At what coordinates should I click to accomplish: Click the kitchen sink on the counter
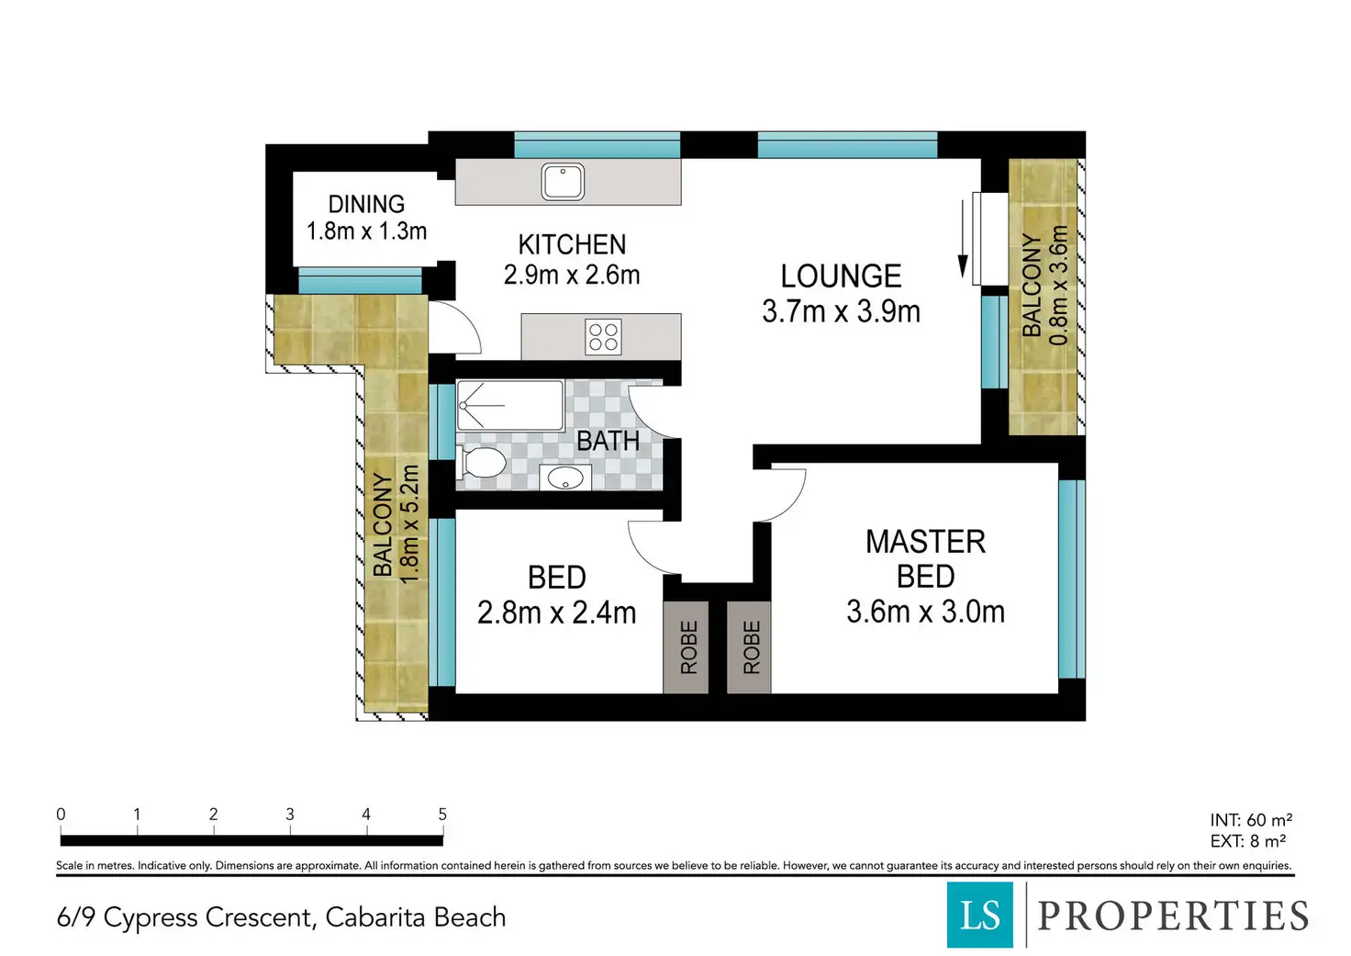[562, 181]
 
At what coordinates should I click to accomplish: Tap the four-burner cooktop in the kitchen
[603, 337]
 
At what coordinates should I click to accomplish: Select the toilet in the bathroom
[481, 463]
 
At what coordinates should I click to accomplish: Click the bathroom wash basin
[565, 478]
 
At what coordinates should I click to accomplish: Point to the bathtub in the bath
[510, 406]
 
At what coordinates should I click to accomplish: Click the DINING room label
[366, 204]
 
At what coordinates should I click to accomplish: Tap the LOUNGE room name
[841, 276]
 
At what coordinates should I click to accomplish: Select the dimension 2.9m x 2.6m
[572, 276]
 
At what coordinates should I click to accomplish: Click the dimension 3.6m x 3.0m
[926, 612]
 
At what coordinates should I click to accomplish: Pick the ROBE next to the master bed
[751, 647]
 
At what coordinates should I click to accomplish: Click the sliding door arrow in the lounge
[963, 240]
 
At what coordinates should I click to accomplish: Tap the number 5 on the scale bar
[442, 815]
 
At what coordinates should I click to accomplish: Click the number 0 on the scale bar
[61, 815]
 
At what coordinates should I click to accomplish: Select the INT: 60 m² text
[1251, 820]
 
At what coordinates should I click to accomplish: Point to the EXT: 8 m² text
[1248, 840]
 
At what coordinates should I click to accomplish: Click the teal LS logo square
[980, 915]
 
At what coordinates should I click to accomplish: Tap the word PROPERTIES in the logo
[1173, 916]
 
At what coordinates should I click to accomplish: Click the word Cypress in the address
[151, 918]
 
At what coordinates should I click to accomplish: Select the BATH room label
[608, 441]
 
